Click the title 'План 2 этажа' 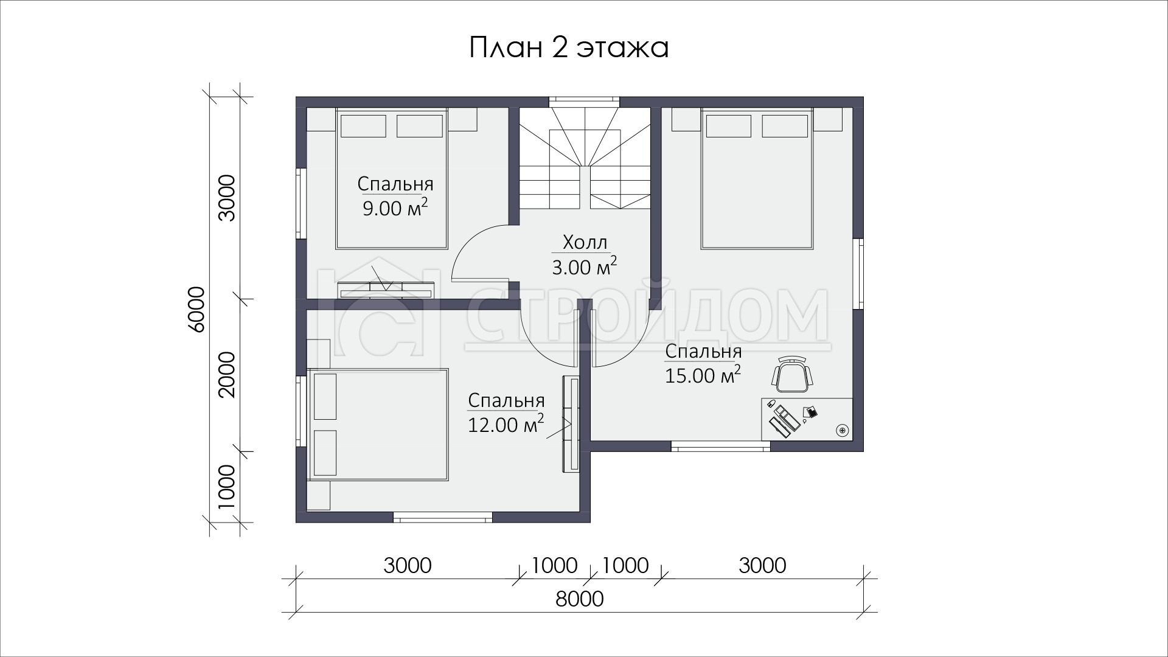(x=569, y=47)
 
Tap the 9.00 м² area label (x=395, y=207)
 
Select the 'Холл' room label (x=585, y=242)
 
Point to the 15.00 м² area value (x=703, y=375)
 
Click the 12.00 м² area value (x=506, y=423)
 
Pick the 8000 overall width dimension (x=579, y=599)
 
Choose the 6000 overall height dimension (x=196, y=308)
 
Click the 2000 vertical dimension (x=226, y=374)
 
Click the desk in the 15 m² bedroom (x=807, y=419)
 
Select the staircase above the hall (x=585, y=159)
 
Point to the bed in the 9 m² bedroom (x=392, y=179)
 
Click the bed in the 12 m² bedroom (x=378, y=425)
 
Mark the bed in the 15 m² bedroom (x=757, y=179)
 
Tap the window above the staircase (x=585, y=102)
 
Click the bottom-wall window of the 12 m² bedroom (x=442, y=518)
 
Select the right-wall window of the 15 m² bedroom (x=858, y=274)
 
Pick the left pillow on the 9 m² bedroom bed (x=363, y=126)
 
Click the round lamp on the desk (x=842, y=430)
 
